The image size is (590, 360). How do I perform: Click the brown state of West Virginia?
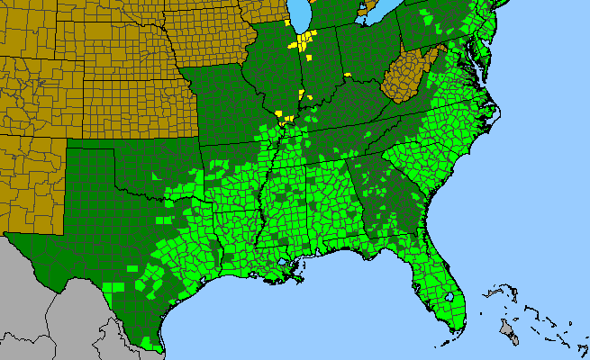(x=405, y=77)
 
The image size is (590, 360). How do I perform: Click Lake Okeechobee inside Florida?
(x=448, y=297)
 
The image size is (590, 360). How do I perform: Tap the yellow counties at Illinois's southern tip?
(x=286, y=118)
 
